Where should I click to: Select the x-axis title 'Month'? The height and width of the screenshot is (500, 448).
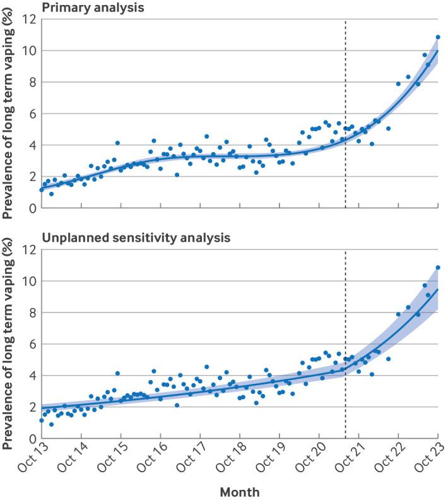[x=239, y=491]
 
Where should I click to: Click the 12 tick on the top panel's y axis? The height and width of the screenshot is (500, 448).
[x=27, y=20]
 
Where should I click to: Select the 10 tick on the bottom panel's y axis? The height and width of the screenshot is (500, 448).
[x=27, y=281]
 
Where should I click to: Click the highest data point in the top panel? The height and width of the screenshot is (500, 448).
[x=438, y=37]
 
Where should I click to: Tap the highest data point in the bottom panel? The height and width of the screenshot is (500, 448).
[x=438, y=268]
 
